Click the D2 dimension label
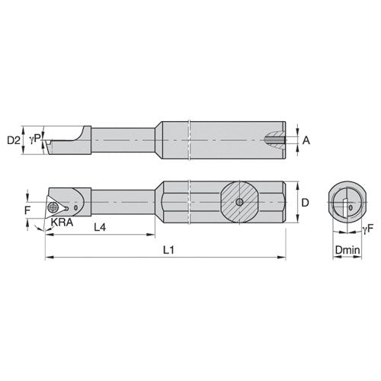coord(12,139)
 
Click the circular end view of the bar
coord(347,202)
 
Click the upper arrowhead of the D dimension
coord(296,184)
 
